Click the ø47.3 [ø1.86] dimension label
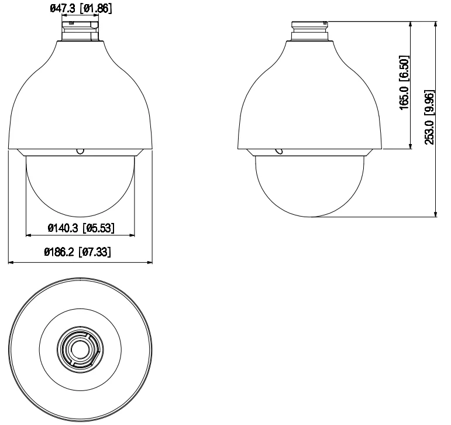(80, 8)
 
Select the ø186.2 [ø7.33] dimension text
(80, 253)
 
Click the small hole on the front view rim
(80, 152)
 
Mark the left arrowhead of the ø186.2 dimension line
(11, 262)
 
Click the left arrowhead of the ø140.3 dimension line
(29, 236)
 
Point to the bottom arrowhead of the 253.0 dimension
(436, 214)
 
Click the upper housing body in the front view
(80, 100)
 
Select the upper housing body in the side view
(310, 100)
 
